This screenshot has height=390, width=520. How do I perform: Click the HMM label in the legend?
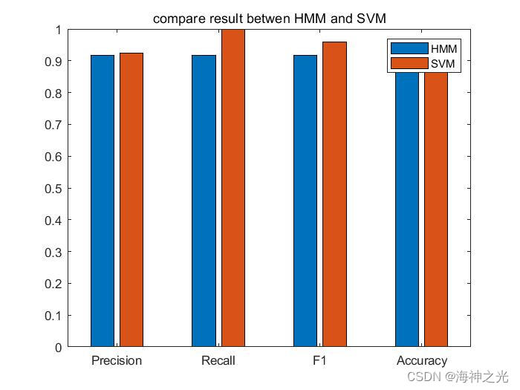click(x=444, y=49)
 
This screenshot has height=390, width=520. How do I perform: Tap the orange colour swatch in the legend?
click(x=409, y=64)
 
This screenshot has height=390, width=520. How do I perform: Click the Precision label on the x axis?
click(x=117, y=361)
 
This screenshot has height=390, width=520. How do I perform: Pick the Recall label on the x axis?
click(x=218, y=361)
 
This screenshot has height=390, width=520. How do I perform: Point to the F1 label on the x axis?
click(x=319, y=361)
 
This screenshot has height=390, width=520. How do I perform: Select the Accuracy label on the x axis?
click(x=421, y=361)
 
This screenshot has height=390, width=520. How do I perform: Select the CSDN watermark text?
click(x=429, y=377)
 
